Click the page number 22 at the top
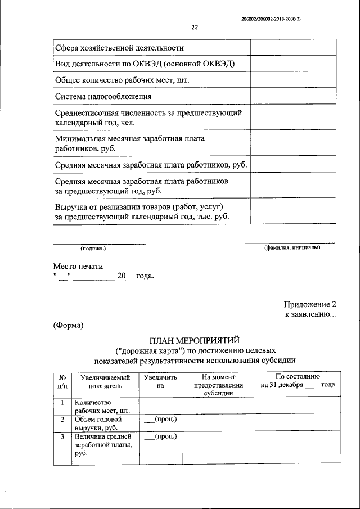[195, 27]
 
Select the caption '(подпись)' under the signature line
[93, 248]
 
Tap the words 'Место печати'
[78, 266]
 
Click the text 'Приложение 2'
[310, 304]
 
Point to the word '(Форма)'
[68, 325]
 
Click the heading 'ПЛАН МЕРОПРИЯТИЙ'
[194, 340]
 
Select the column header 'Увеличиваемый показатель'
[105, 382]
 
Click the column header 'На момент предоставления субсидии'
[218, 385]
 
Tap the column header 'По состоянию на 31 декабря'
[298, 381]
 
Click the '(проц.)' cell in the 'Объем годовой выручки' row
[160, 420]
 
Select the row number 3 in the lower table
[62, 436]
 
